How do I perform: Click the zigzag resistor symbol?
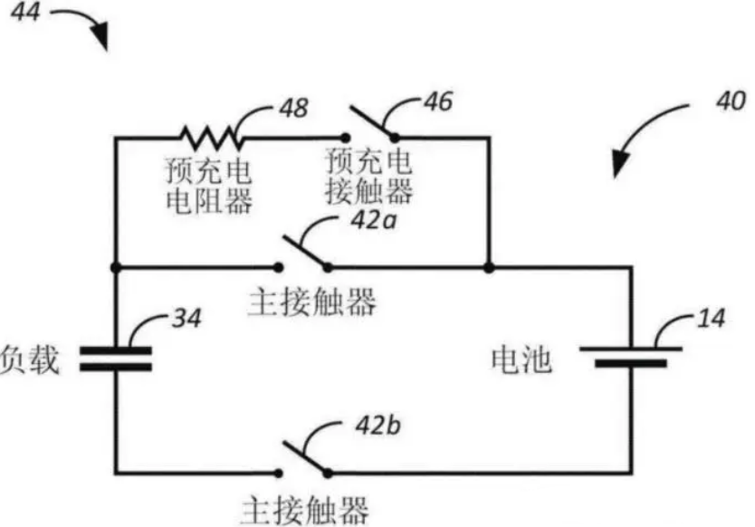(x=211, y=138)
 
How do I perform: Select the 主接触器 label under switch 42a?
(x=310, y=303)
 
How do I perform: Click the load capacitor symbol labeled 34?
(x=116, y=359)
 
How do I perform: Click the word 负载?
(x=30, y=360)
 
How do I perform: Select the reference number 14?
(x=712, y=320)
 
